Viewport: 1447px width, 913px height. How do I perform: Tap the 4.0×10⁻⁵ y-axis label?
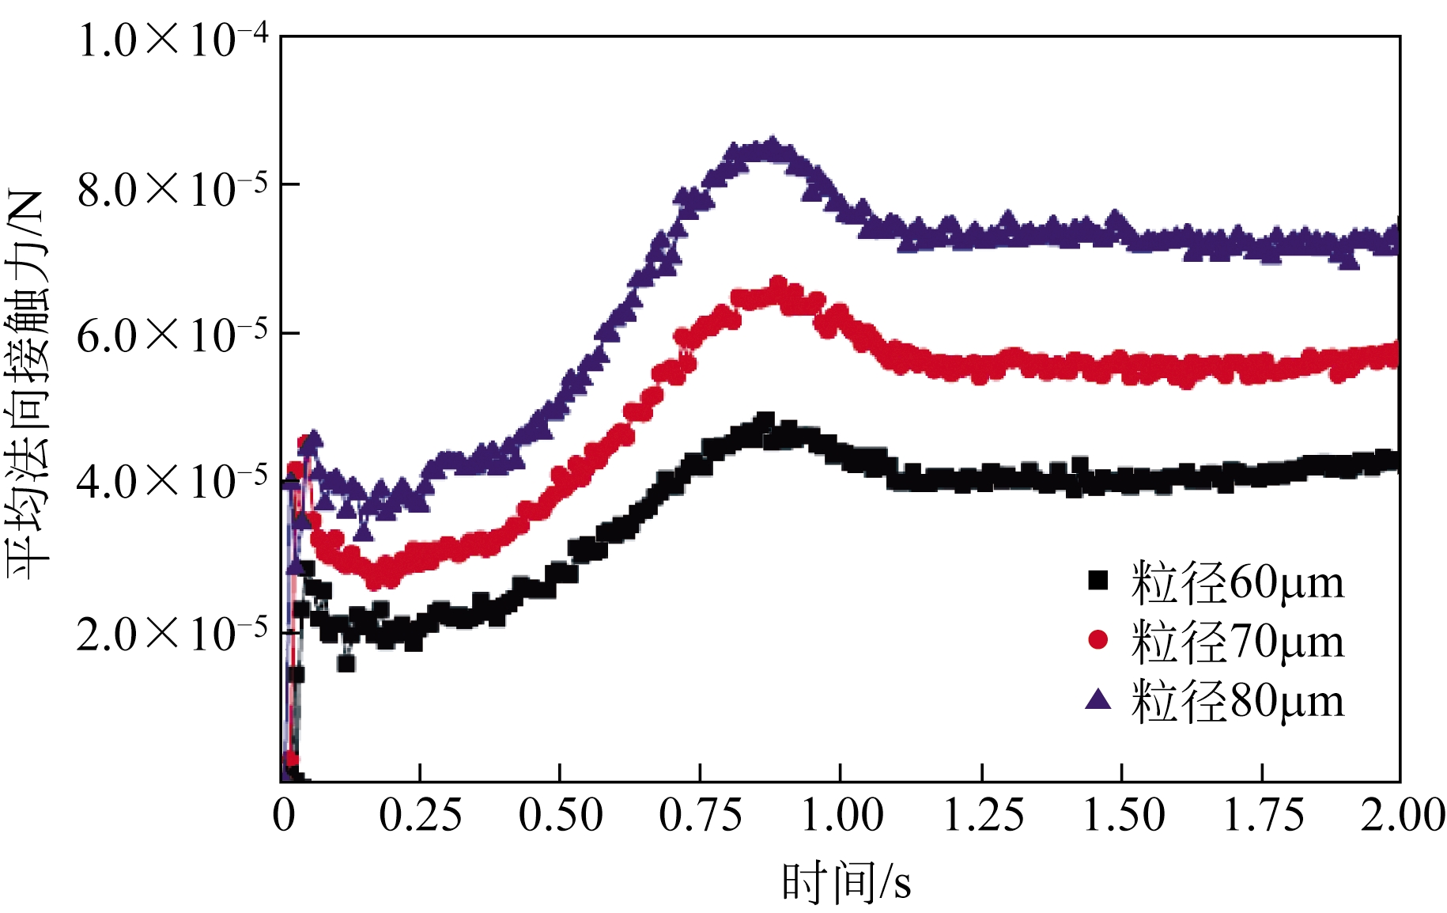(173, 481)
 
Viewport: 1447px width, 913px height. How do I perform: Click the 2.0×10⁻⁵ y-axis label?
(173, 632)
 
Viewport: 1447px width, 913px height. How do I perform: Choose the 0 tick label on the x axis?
(284, 815)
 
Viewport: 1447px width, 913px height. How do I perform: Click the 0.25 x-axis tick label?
(420, 815)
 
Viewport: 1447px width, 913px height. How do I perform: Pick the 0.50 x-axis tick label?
(560, 815)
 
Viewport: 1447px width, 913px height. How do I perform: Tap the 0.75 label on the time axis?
(701, 815)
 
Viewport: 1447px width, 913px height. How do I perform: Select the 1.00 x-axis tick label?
(841, 815)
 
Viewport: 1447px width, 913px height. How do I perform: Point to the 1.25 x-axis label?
(983, 815)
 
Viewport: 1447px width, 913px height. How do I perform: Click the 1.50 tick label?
(1123, 815)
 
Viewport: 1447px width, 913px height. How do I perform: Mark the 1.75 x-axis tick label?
(1263, 815)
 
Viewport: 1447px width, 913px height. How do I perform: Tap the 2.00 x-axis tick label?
(1402, 815)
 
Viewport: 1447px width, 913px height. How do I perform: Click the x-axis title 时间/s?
(846, 882)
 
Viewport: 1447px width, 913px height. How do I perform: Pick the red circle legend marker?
(1098, 639)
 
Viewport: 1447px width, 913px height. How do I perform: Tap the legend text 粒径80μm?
(1237, 700)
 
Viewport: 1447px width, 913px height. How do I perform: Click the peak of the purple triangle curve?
(771, 146)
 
